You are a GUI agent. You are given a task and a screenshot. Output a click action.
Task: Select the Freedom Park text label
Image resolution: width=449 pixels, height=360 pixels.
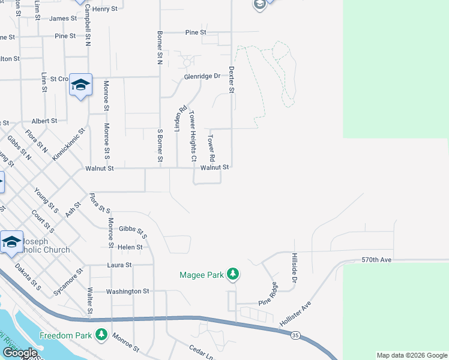(x=66, y=335)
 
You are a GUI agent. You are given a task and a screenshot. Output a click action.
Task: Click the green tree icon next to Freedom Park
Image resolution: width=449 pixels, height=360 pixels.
(x=101, y=335)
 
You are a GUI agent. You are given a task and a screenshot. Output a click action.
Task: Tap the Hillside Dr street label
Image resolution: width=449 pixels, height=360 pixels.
(x=295, y=268)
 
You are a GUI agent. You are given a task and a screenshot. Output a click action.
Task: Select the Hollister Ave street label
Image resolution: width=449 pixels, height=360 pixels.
(x=296, y=315)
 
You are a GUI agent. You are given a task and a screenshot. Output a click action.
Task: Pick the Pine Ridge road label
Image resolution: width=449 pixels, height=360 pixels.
(x=270, y=293)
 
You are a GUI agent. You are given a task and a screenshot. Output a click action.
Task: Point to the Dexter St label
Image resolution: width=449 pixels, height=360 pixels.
(x=231, y=79)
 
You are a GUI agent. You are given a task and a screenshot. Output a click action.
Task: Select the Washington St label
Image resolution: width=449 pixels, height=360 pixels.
(x=127, y=291)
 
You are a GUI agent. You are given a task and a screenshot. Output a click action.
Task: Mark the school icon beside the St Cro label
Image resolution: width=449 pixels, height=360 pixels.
(x=80, y=85)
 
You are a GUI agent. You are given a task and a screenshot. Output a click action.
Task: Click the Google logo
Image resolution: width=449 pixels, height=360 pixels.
(x=20, y=353)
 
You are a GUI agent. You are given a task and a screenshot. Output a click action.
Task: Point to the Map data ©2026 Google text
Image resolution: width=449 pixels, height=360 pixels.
(x=412, y=355)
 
